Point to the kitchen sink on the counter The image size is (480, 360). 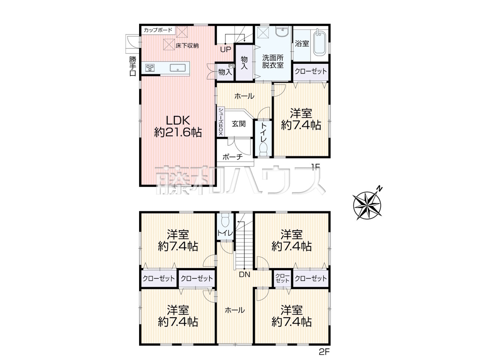click(x=178, y=68)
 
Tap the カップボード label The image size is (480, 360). click(x=158, y=30)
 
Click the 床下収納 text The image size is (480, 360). click(x=187, y=46)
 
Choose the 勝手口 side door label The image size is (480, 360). click(x=133, y=66)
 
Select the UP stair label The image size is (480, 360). click(x=226, y=49)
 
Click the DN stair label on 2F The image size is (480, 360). click(x=244, y=274)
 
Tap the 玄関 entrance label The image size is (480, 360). click(x=238, y=124)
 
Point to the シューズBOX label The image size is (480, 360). click(x=220, y=121)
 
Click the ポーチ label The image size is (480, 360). click(x=232, y=157)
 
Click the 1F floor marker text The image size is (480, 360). click(x=315, y=167)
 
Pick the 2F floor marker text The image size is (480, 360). click(x=324, y=352)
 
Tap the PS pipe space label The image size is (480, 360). click(x=232, y=66)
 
